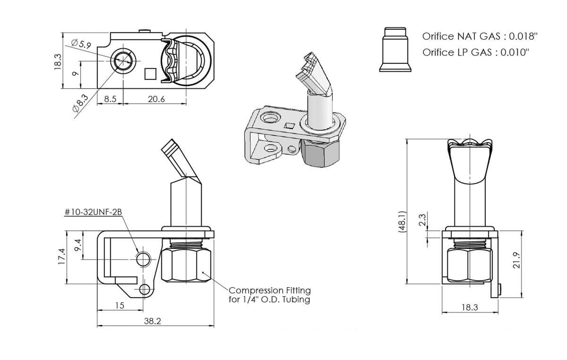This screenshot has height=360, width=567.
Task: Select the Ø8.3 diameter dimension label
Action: coord(80,103)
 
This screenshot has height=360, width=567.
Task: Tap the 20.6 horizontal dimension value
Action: coord(156,99)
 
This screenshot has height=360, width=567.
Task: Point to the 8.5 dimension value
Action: coord(110,99)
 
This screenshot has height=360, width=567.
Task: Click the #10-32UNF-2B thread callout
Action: coord(93,212)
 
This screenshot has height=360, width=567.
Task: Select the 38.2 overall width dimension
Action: coord(152,321)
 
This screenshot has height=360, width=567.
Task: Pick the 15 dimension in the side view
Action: coord(120,305)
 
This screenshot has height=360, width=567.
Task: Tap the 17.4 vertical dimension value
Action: coord(61,256)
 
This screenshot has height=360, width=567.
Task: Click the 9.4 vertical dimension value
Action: coord(77,245)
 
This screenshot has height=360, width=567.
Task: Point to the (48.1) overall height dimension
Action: coord(402,221)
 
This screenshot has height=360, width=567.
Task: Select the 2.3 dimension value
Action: coord(423,220)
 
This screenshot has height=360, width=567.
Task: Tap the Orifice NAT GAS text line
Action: coord(480,36)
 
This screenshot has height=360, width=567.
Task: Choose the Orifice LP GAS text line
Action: coord(475,52)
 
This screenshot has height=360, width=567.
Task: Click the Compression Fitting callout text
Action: coord(269,295)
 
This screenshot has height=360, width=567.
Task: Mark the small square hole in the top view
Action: coord(150,74)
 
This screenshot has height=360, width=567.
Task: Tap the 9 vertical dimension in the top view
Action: coord(75,74)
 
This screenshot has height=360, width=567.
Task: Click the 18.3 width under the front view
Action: coord(470,308)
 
